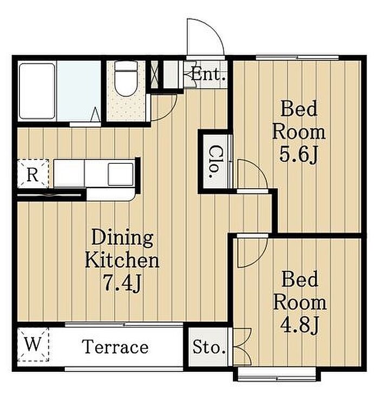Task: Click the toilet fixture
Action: tap(126, 78)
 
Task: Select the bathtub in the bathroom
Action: tap(37, 91)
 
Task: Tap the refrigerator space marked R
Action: tap(33, 174)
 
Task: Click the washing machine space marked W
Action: tap(33, 345)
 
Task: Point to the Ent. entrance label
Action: tap(208, 74)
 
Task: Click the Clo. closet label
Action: tap(214, 162)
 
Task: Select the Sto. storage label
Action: tap(209, 348)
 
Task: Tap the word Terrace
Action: tap(115, 347)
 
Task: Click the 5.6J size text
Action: tap(299, 155)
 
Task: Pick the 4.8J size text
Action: tap(299, 325)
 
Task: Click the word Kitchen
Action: tap(122, 260)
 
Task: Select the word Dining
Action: tap(122, 238)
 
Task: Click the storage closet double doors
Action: tap(242, 347)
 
